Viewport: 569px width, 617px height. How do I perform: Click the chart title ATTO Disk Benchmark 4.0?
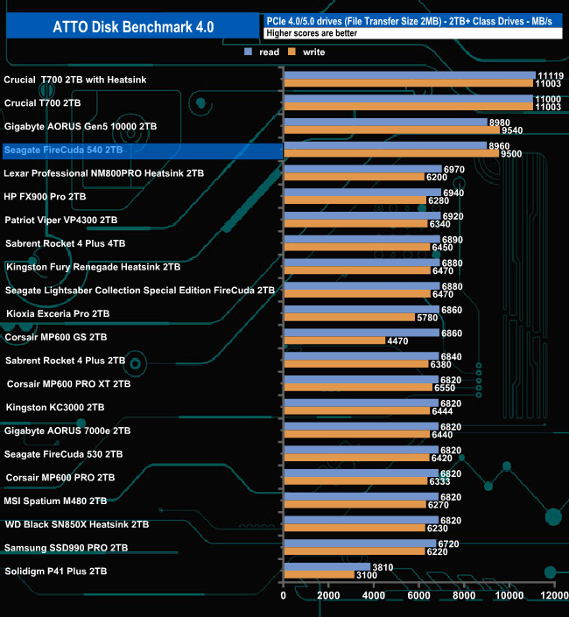[130, 26]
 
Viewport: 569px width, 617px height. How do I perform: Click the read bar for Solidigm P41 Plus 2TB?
[327, 567]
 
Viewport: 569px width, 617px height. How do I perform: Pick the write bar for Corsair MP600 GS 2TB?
[334, 340]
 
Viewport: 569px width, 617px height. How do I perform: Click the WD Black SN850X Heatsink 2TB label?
[77, 524]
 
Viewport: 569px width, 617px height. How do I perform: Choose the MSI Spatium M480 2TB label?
[56, 501]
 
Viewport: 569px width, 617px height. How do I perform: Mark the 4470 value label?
[397, 340]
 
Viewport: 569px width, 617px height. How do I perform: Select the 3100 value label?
[366, 575]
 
